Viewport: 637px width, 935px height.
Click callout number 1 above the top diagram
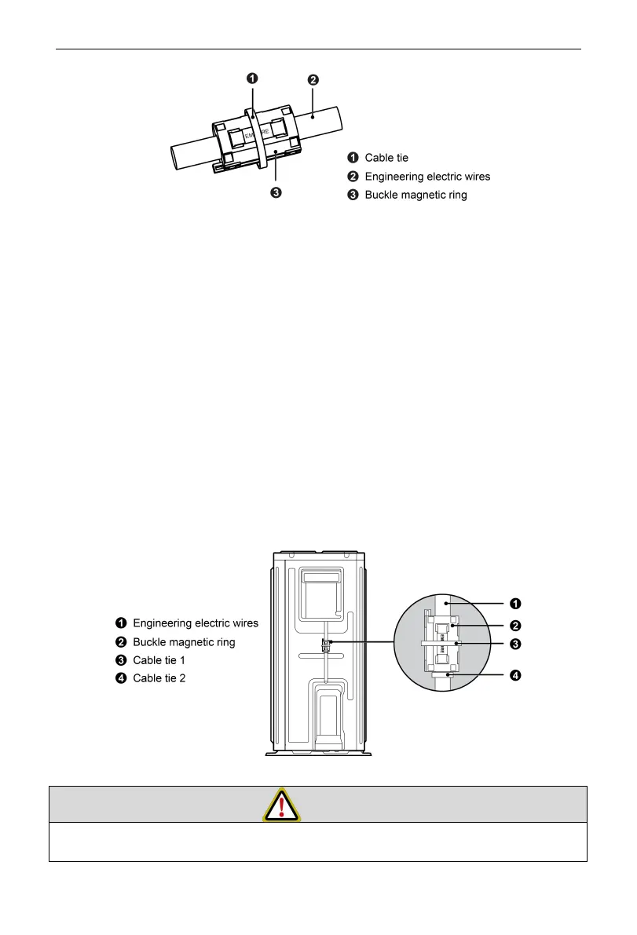[253, 78]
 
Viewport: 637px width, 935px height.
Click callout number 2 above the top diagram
[313, 79]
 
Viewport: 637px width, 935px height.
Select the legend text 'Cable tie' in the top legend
[386, 158]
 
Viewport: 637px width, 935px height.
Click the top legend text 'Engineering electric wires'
[427, 177]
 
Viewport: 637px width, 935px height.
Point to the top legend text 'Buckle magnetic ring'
[416, 195]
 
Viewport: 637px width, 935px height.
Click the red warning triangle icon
[281, 805]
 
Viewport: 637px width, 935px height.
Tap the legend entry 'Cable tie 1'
[159, 659]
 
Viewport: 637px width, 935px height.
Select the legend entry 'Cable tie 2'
[159, 678]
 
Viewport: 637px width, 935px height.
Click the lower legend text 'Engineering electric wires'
[195, 623]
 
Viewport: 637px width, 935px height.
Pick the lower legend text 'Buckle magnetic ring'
[184, 641]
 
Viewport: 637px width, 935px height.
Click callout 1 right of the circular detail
[514, 603]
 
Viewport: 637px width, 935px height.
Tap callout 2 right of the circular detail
[514, 626]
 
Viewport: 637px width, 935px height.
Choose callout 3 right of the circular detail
[514, 644]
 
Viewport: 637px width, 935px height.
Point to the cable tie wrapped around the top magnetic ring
[257, 137]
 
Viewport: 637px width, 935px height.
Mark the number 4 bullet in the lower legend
[122, 678]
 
